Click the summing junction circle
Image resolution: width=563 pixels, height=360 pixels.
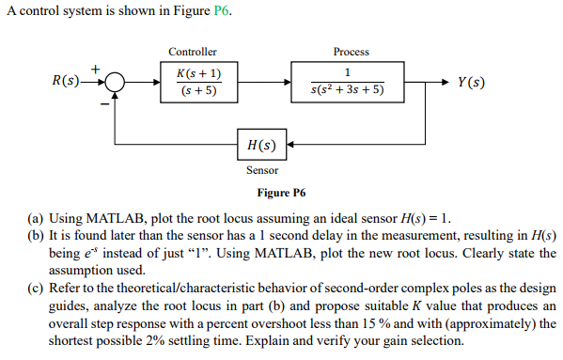tap(115, 83)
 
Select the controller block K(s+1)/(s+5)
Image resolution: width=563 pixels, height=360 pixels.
tap(197, 83)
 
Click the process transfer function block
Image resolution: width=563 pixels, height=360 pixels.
tap(348, 83)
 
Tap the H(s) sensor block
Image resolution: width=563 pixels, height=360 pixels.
tap(260, 146)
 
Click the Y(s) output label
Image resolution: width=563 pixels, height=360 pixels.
tap(473, 83)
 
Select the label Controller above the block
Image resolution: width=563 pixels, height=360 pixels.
tap(193, 52)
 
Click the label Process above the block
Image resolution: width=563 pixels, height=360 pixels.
tap(351, 52)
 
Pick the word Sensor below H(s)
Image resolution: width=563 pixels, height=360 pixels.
tap(261, 170)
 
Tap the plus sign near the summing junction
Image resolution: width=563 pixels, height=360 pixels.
tap(94, 69)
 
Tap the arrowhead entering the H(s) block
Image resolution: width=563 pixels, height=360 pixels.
tap(289, 146)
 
